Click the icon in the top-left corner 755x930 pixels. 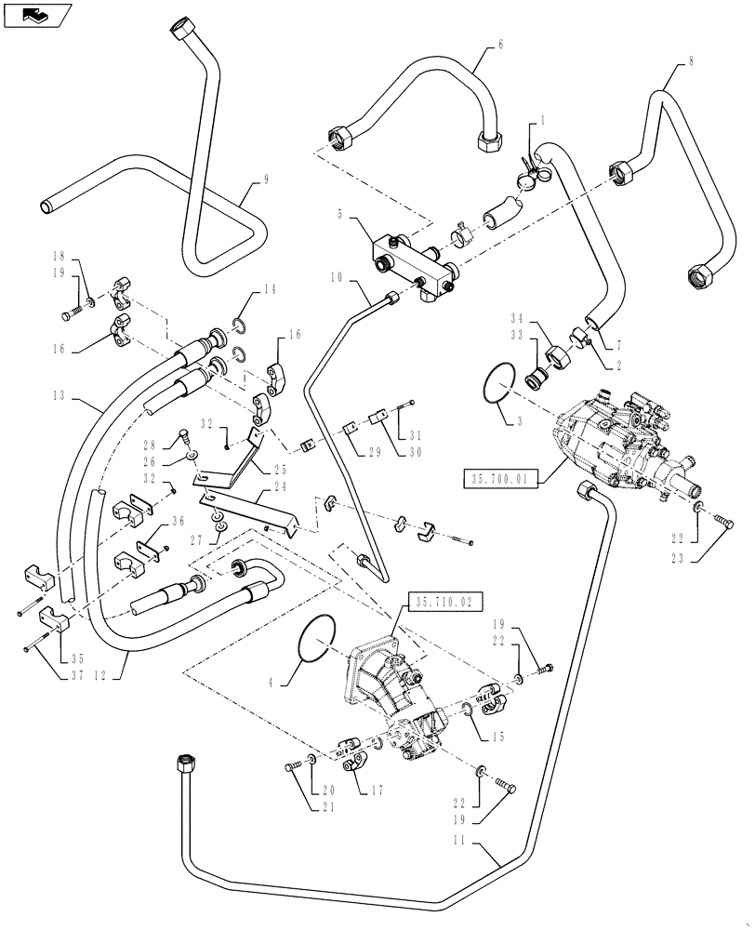point(37,15)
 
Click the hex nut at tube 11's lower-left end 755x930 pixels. point(181,764)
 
